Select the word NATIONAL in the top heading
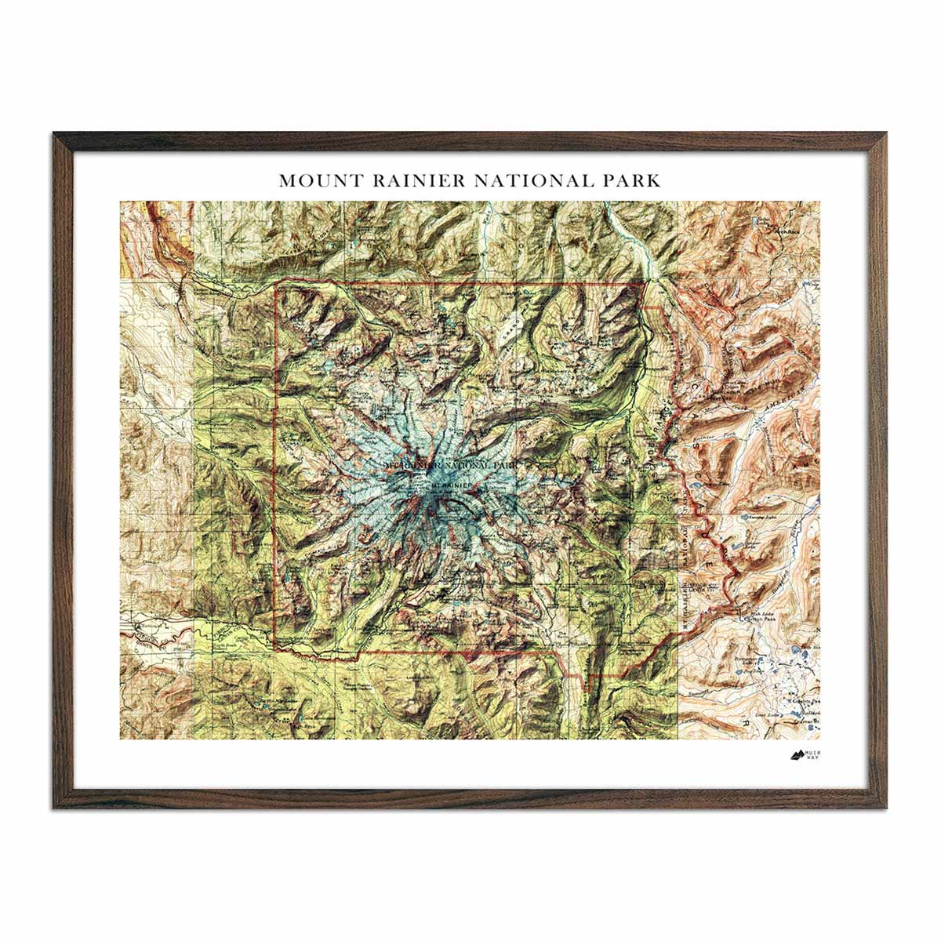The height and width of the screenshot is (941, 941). [531, 180]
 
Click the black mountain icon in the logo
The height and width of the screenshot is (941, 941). [797, 756]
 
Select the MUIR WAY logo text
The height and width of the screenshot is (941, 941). [817, 756]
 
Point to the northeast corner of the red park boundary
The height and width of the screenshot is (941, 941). [644, 284]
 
